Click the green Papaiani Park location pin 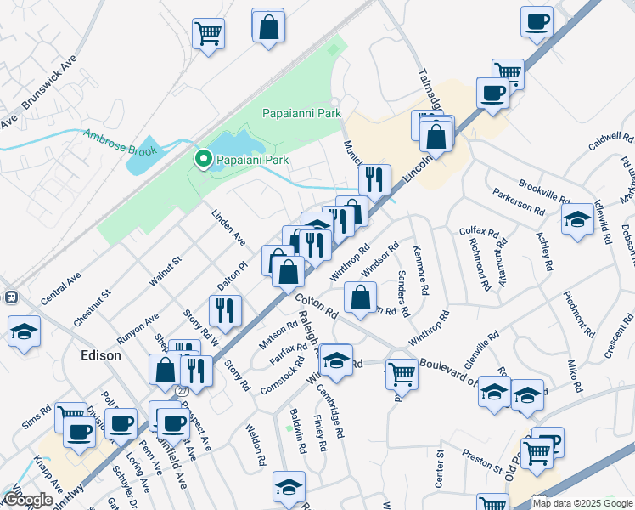pos(204,159)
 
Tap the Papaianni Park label pos(301,113)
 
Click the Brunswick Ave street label pos(49,88)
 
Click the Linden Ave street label pos(228,225)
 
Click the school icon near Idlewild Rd pos(577,219)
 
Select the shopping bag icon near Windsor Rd pos(361,297)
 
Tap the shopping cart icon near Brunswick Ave pos(208,33)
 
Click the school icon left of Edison pos(24,331)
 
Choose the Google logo pos(28,500)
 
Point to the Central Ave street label pos(61,289)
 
